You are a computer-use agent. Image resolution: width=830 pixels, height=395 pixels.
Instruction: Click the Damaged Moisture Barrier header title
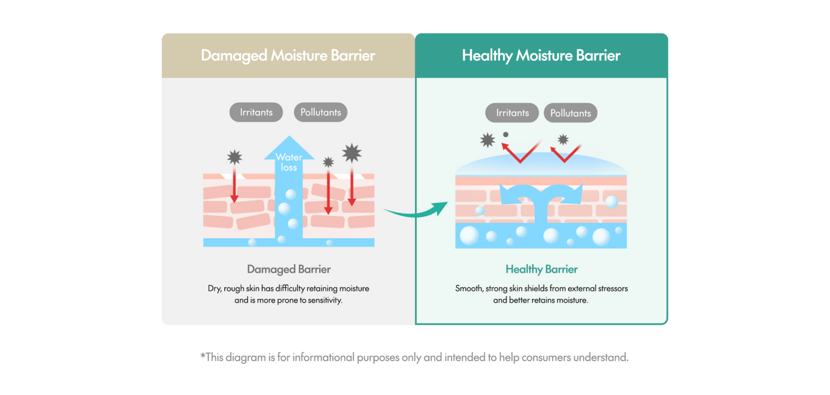(288, 56)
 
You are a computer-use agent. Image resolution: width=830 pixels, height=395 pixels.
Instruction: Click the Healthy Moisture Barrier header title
(541, 56)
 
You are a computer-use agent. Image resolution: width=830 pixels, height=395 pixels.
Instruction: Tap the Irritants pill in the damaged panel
(256, 112)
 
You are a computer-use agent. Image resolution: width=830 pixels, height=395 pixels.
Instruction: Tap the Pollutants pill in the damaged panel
(321, 112)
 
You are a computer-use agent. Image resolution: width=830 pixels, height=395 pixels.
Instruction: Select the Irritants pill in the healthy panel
(512, 113)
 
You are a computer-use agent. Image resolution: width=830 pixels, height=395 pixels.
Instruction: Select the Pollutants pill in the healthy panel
(570, 113)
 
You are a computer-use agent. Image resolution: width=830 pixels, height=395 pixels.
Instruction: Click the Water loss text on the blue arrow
(289, 162)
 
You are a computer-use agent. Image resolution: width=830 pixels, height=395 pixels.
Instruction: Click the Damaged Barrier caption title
(289, 269)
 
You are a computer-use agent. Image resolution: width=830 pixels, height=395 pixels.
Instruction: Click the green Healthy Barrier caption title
(541, 269)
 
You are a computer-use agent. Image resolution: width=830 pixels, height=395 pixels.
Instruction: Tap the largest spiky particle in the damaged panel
(352, 153)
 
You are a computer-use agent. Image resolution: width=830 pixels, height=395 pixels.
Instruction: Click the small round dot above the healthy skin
(505, 135)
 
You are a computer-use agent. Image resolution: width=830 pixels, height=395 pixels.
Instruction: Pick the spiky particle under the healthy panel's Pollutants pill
(563, 140)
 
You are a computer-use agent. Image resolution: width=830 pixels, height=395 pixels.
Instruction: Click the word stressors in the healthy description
(609, 288)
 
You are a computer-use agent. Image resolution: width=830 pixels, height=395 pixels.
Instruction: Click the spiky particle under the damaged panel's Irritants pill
(234, 157)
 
